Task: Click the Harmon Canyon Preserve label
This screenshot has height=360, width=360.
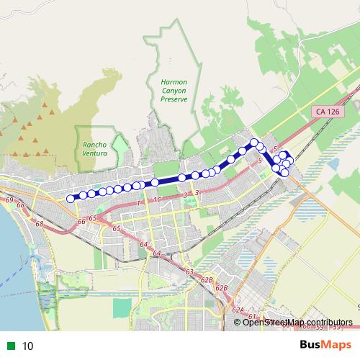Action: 174,91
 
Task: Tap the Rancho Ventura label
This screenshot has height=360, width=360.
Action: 94,149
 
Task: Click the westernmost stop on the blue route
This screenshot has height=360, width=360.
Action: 70,199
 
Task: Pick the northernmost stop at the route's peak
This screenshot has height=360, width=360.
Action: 253,142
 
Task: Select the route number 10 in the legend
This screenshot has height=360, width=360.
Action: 28,346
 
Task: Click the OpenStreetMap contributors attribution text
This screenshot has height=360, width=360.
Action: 297,322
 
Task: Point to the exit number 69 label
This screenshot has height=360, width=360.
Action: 9,199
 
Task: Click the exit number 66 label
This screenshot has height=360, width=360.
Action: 81,220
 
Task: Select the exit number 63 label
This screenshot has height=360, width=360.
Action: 189,271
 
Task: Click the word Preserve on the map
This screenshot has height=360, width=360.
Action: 174,99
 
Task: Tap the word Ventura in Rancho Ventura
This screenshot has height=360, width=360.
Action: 94,153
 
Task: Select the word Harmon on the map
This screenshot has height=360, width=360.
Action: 174,83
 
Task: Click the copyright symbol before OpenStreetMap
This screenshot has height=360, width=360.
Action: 238,322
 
